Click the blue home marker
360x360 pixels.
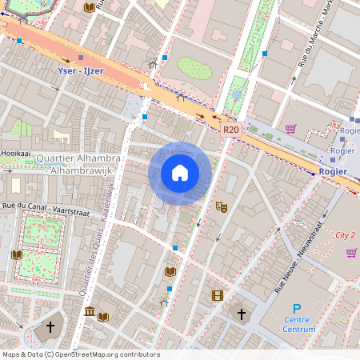click(180, 173)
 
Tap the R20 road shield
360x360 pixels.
click(230, 129)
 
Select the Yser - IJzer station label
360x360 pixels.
click(82, 70)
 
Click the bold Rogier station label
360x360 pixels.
click(332, 171)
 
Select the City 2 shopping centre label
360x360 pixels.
click(344, 235)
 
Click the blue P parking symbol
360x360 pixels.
click(297, 309)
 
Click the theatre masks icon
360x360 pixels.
click(222, 206)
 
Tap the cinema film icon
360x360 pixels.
click(217, 295)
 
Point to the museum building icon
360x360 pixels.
click(89, 311)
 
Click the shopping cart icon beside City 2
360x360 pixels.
click(351, 253)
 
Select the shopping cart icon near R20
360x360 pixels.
click(290, 128)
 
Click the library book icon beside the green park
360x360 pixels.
click(16, 254)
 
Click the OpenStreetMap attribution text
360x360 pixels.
click(81, 354)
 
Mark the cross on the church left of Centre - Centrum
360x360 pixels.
click(242, 314)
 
